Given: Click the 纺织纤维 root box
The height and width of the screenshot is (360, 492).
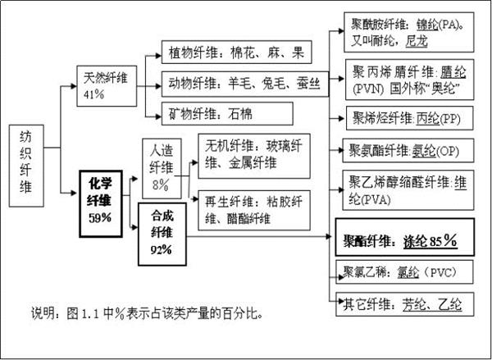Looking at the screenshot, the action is pyautogui.click(x=26, y=166).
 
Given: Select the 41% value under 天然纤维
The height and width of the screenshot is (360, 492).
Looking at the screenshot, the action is pyautogui.click(x=93, y=94).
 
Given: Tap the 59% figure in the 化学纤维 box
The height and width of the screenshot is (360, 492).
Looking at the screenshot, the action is pyautogui.click(x=100, y=217).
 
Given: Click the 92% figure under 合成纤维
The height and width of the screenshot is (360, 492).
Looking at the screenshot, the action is pyautogui.click(x=162, y=250).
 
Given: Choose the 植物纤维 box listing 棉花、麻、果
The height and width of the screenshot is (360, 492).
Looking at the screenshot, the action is pyautogui.click(x=237, y=52).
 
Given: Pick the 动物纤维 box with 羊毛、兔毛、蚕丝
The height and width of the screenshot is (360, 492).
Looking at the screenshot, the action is pyautogui.click(x=245, y=84).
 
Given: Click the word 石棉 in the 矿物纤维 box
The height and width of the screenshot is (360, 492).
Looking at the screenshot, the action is pyautogui.click(x=240, y=114).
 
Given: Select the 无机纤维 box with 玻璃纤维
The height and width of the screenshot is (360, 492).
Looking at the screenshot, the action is pyautogui.click(x=254, y=156).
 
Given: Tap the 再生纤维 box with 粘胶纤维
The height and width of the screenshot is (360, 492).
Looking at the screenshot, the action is pyautogui.click(x=254, y=210).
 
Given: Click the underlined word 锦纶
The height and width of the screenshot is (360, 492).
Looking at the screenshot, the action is pyautogui.click(x=427, y=25).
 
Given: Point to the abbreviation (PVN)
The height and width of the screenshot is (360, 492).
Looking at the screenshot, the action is pyautogui.click(x=368, y=89).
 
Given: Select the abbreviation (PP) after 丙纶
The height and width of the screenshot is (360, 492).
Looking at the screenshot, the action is pyautogui.click(x=449, y=119).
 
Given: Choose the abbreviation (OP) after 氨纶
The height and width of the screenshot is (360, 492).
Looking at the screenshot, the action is pyautogui.click(x=448, y=151).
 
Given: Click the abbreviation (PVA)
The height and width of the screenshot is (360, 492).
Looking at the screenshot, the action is pyautogui.click(x=375, y=199).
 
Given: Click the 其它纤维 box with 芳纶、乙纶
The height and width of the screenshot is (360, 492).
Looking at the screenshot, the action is pyautogui.click(x=404, y=304).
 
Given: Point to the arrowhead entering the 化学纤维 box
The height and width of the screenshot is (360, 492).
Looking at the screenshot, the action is pyautogui.click(x=75, y=193).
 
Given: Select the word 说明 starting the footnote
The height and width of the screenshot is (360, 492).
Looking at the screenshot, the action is pyautogui.click(x=43, y=312).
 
